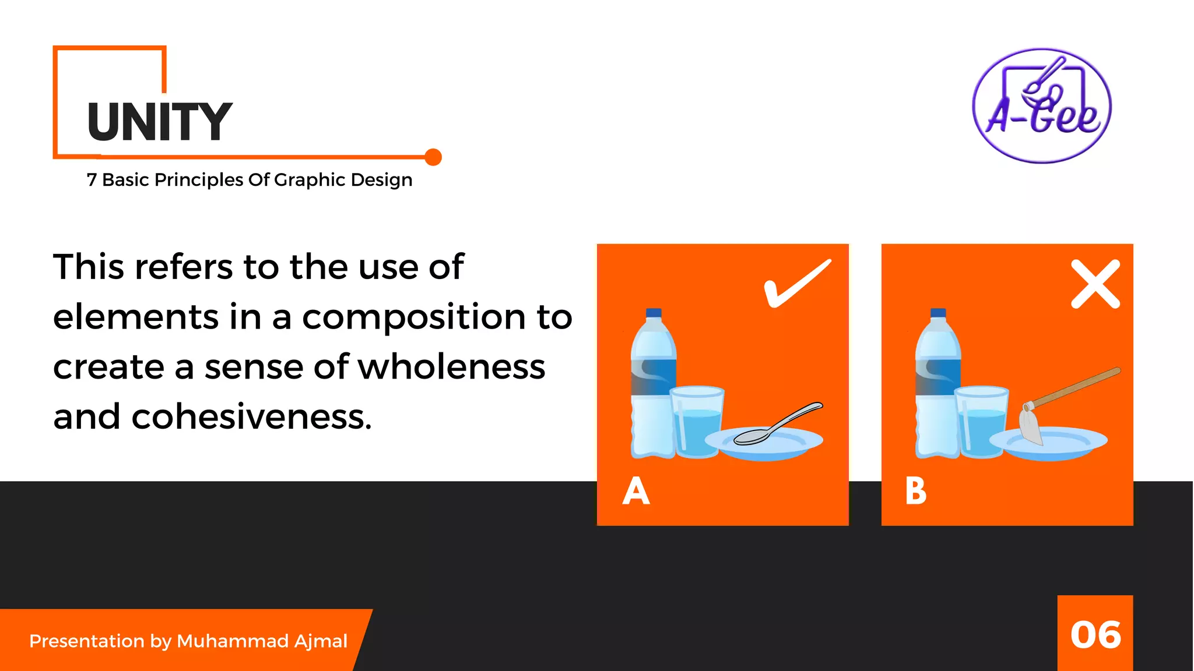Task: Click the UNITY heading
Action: pos(160,122)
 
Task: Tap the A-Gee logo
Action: pos(1042,105)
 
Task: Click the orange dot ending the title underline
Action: pos(433,157)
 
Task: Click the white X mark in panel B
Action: pos(1095,284)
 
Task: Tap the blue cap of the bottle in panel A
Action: pos(654,313)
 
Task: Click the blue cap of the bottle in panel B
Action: pos(938,313)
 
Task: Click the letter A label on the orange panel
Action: pos(635,491)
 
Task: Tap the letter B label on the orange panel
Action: pos(915,491)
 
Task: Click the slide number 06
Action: pos(1095,635)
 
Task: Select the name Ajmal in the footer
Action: pos(321,641)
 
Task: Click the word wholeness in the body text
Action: pos(452,367)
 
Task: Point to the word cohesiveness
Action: pos(251,417)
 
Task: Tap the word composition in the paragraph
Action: pos(413,317)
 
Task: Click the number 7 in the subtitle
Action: pos(92,180)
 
